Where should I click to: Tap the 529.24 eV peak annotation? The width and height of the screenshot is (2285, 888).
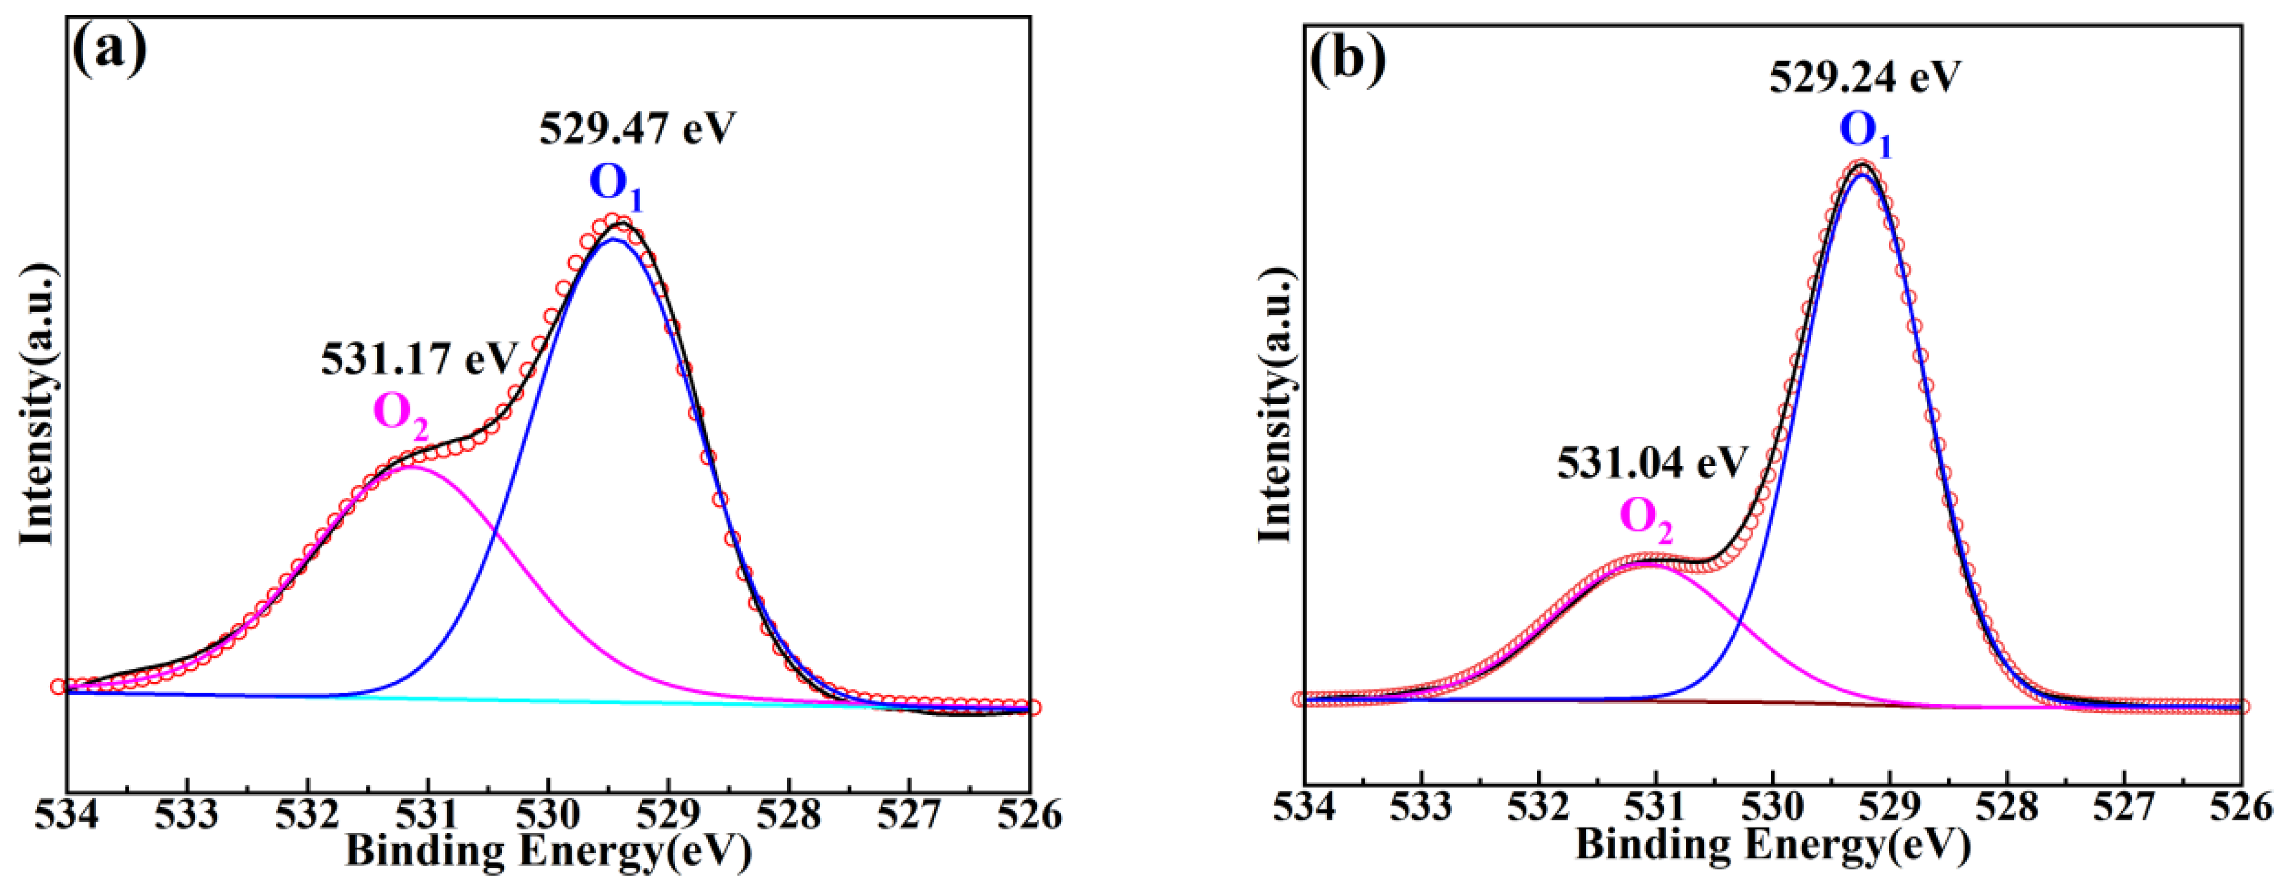tap(1865, 78)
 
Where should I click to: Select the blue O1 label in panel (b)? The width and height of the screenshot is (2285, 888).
tap(1865, 132)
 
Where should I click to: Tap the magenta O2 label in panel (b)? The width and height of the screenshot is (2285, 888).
tap(1647, 518)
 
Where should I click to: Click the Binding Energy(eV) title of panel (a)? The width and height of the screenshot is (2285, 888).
tap(548, 852)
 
